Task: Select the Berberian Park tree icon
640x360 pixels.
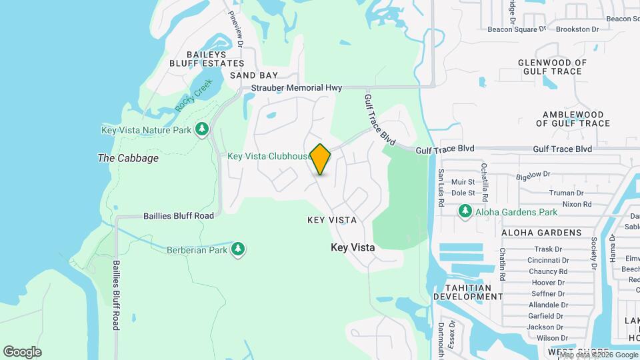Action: (x=238, y=249)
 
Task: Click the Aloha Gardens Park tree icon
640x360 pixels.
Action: (x=465, y=211)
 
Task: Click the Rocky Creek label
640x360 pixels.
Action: (x=193, y=95)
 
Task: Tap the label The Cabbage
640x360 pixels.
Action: (x=128, y=158)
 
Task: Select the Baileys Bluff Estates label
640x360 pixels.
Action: (x=197, y=59)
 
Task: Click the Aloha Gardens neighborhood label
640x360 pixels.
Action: (x=541, y=233)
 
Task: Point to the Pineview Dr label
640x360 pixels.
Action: (x=237, y=27)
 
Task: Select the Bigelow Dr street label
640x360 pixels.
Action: (x=533, y=175)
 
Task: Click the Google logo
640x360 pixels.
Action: (x=22, y=351)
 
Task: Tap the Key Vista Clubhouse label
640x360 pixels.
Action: (x=269, y=157)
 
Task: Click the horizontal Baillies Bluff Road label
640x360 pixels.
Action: (x=179, y=216)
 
